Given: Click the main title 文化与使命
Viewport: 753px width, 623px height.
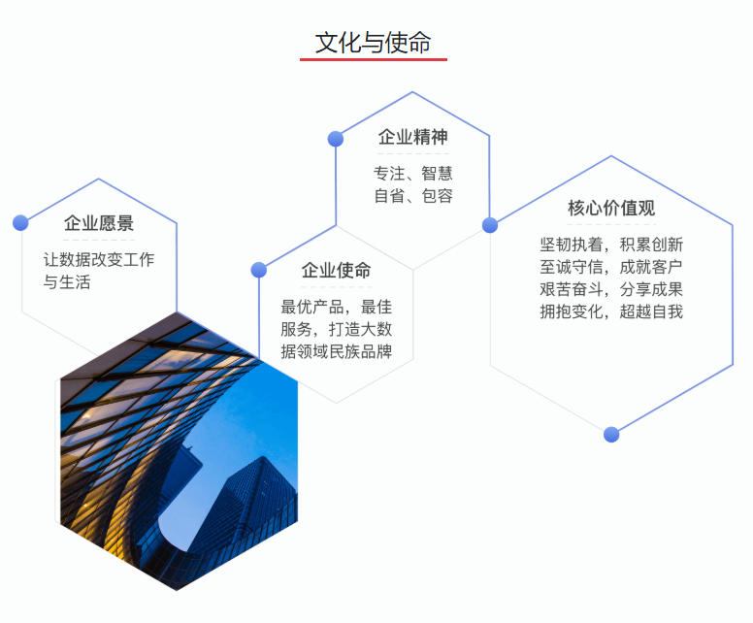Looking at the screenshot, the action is tap(374, 43).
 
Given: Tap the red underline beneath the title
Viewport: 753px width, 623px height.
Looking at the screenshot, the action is tap(374, 59).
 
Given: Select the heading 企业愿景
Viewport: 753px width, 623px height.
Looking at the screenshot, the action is tap(99, 223).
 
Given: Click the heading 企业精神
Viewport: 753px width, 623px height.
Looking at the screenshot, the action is tap(413, 137).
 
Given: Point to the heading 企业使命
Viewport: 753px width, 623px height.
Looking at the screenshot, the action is tap(336, 271).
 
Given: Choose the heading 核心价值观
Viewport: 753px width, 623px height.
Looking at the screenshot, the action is tap(611, 208).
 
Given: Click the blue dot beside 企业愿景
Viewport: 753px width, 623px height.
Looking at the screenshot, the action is tap(20, 223).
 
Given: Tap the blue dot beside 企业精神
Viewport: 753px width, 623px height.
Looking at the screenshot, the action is tap(336, 139).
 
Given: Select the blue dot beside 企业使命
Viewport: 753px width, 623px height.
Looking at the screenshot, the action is tap(259, 270).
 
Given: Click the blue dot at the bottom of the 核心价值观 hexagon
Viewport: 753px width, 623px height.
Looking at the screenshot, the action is tap(611, 434).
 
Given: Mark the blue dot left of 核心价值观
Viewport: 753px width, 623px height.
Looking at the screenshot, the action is tap(490, 225).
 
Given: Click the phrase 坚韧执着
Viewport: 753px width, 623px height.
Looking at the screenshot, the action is tap(571, 245).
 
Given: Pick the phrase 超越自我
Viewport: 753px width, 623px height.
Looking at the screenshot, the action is tap(651, 311).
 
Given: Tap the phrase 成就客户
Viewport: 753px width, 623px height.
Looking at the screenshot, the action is tap(651, 267).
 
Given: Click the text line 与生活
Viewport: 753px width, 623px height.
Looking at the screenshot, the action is tap(67, 282).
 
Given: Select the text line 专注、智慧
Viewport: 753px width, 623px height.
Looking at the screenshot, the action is tap(413, 174).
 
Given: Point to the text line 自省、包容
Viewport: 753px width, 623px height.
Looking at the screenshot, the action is tap(413, 196).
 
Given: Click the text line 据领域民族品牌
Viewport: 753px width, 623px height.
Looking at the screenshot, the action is tap(336, 351).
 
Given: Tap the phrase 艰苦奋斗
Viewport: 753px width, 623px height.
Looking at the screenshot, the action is tap(571, 289).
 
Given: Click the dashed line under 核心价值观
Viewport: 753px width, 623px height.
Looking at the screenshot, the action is tap(611, 224).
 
